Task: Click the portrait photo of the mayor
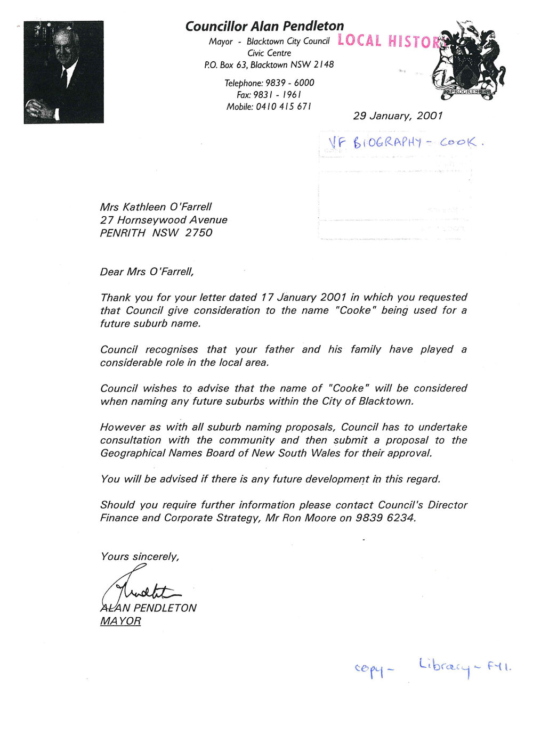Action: point(63,72)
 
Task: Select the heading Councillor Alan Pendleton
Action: point(264,26)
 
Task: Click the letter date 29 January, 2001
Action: point(398,116)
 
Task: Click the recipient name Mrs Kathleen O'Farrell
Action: point(156,207)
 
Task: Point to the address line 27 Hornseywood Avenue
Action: point(164,220)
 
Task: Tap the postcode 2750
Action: point(199,233)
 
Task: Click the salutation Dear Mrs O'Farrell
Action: point(147,272)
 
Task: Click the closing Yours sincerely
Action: point(140,556)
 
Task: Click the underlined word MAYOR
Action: point(120,621)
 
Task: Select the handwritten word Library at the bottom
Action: point(444,666)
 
